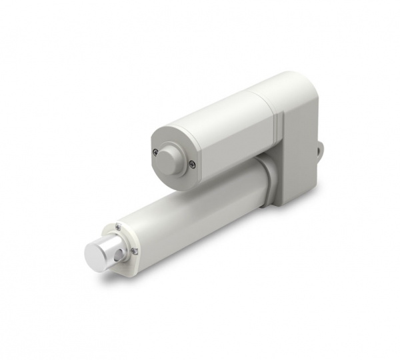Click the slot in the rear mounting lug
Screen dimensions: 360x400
[x=320, y=149]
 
